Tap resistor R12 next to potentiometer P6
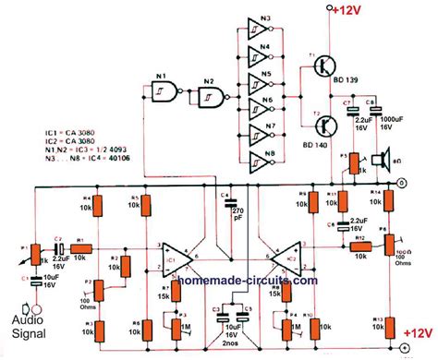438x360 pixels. pos(359,248)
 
